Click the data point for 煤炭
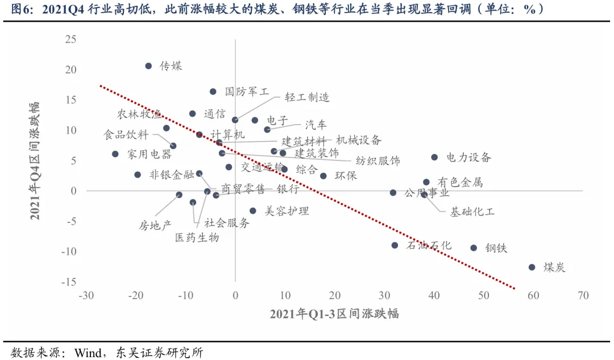click(x=532, y=267)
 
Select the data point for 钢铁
click(x=474, y=248)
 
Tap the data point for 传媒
click(x=148, y=66)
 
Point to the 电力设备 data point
click(x=434, y=157)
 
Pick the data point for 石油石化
click(x=395, y=245)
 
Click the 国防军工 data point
click(x=213, y=92)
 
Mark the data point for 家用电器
click(x=115, y=154)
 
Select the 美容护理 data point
click(x=253, y=211)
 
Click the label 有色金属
click(x=460, y=183)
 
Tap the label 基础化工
click(x=472, y=212)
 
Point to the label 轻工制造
click(x=307, y=97)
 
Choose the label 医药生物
click(x=197, y=237)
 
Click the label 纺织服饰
click(x=377, y=161)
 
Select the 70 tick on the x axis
click(x=583, y=296)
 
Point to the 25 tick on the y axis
click(x=70, y=39)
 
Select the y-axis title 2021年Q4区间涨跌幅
click(x=35, y=161)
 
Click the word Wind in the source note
click(x=88, y=353)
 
